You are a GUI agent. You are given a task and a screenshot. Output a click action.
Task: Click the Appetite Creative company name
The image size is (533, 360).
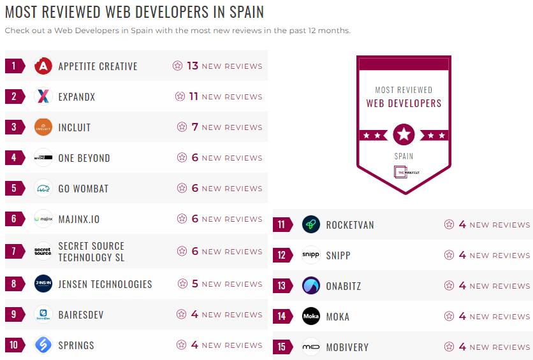[x=98, y=66]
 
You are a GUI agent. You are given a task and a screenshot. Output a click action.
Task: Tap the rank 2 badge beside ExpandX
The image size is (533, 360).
[x=15, y=97]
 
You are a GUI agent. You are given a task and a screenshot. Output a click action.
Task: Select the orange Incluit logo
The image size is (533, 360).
[x=43, y=127]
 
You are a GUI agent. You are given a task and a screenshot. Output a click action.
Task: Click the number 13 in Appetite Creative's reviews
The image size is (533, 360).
[x=193, y=66]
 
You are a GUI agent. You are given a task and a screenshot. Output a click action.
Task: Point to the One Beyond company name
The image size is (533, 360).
[x=84, y=158]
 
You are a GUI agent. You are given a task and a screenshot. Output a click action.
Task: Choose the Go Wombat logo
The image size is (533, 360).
[x=43, y=189]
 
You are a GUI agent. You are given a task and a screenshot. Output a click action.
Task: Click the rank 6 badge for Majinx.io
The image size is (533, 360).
[x=15, y=219]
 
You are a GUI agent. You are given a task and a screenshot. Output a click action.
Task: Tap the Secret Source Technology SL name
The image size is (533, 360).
[x=91, y=252]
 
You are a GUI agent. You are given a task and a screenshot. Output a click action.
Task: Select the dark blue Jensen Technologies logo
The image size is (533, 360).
[x=43, y=284]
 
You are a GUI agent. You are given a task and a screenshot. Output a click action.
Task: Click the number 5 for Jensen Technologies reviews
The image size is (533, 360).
[x=195, y=284]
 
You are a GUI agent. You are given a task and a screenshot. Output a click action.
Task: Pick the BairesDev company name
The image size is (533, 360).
[x=81, y=315]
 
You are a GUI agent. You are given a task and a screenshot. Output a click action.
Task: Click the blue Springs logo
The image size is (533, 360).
[x=43, y=345]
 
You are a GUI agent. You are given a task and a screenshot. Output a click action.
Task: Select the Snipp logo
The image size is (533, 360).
[x=311, y=256]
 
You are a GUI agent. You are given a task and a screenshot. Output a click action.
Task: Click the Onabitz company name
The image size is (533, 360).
[x=344, y=286]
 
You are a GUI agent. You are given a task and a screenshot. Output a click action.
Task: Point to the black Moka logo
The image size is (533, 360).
[x=311, y=317]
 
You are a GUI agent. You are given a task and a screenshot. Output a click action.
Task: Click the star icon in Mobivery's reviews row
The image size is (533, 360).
[x=449, y=347]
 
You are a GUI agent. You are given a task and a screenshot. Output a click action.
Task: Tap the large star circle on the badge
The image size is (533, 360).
[x=404, y=134]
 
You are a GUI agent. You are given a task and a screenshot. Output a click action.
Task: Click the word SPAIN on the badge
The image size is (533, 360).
[x=404, y=156]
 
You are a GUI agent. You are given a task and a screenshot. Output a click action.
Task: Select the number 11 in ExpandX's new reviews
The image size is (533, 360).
[x=194, y=97]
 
